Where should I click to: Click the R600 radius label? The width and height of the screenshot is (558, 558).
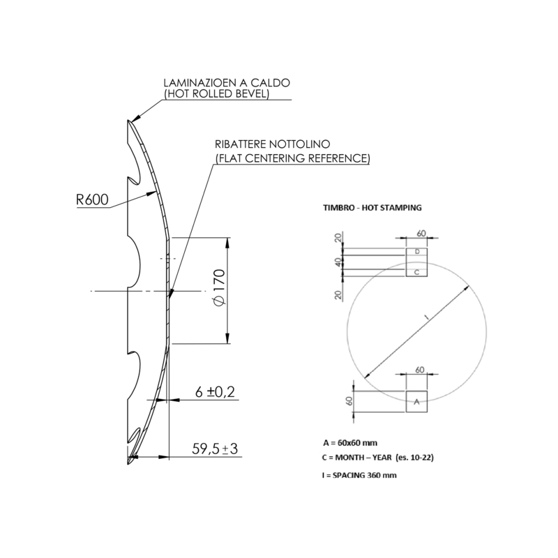pyautogui.click(x=92, y=199)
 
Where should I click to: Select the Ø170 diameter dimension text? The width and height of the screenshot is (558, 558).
pyautogui.click(x=219, y=287)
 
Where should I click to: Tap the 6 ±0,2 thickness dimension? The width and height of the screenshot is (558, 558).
pyautogui.click(x=215, y=392)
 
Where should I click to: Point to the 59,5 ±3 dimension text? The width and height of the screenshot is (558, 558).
pyautogui.click(x=215, y=448)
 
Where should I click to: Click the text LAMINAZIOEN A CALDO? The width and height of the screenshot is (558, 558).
pyautogui.click(x=227, y=82)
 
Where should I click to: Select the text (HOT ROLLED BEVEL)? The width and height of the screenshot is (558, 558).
pyautogui.click(x=216, y=93)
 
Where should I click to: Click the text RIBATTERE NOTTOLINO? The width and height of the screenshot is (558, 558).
pyautogui.click(x=272, y=144)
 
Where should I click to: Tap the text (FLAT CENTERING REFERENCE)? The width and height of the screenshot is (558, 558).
pyautogui.click(x=292, y=158)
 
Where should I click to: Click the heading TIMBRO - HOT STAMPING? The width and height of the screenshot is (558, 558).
pyautogui.click(x=372, y=207)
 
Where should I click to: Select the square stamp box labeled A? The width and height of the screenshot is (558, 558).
pyautogui.click(x=416, y=402)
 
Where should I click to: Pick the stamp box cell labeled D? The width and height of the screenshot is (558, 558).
pyautogui.click(x=416, y=252)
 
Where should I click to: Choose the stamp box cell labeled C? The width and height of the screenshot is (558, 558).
pyautogui.click(x=416, y=273)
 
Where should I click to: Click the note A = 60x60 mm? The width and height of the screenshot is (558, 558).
pyautogui.click(x=350, y=443)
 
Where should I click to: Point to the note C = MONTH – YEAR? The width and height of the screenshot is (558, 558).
pyautogui.click(x=378, y=458)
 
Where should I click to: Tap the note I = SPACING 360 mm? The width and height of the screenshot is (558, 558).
pyautogui.click(x=359, y=475)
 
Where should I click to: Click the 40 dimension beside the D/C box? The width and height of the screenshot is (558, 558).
pyautogui.click(x=338, y=262)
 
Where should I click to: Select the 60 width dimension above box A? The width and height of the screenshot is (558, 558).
pyautogui.click(x=420, y=370)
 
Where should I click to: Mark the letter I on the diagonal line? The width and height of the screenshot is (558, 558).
pyautogui.click(x=427, y=317)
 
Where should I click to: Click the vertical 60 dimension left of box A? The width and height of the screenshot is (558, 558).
pyautogui.click(x=349, y=402)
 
